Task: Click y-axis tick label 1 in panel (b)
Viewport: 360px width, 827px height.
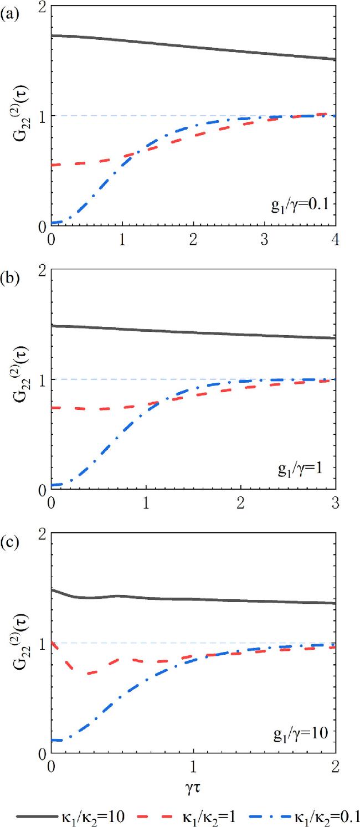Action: tap(42, 380)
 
